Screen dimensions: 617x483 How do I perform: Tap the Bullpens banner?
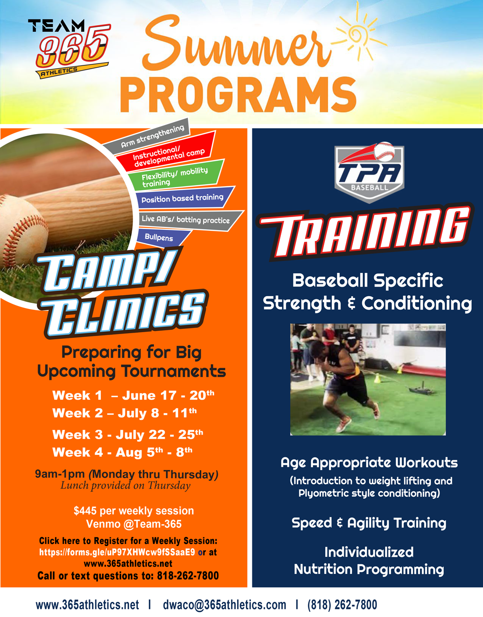(159, 237)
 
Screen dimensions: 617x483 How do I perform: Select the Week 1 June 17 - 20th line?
(133, 395)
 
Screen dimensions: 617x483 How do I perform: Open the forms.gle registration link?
(117, 552)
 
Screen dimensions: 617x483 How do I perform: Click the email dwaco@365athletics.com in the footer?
(224, 605)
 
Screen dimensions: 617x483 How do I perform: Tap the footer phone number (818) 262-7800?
(342, 605)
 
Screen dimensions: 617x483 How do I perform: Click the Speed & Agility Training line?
(368, 523)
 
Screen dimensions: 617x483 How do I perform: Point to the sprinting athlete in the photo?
(341, 379)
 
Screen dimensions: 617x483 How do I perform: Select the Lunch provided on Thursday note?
(125, 485)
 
